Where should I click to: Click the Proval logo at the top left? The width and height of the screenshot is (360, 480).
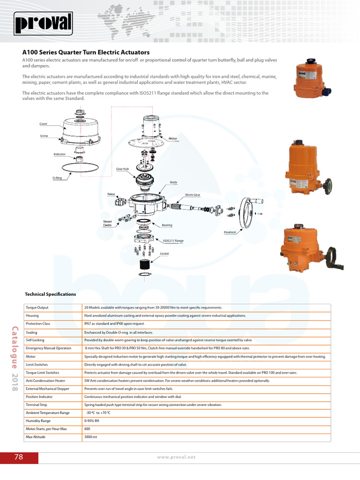(43, 23)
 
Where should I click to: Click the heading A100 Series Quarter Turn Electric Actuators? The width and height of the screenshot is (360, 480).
(86, 52)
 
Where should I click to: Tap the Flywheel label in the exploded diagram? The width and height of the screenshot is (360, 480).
(230, 232)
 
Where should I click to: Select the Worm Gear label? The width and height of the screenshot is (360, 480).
(193, 195)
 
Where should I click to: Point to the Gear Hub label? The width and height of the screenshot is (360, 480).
(122, 169)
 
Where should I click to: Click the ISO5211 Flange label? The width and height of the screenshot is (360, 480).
(173, 241)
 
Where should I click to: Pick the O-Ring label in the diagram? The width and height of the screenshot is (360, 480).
(57, 178)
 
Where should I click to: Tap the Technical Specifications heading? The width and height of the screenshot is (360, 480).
(50, 294)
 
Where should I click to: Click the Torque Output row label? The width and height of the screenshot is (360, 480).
(37, 307)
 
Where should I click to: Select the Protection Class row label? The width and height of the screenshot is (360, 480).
(39, 324)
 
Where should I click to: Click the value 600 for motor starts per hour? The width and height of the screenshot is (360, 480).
(87, 429)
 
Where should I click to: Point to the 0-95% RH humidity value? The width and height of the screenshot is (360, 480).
(92, 421)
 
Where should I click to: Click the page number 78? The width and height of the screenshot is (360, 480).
(19, 457)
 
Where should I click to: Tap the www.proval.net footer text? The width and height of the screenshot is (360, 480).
(176, 457)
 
